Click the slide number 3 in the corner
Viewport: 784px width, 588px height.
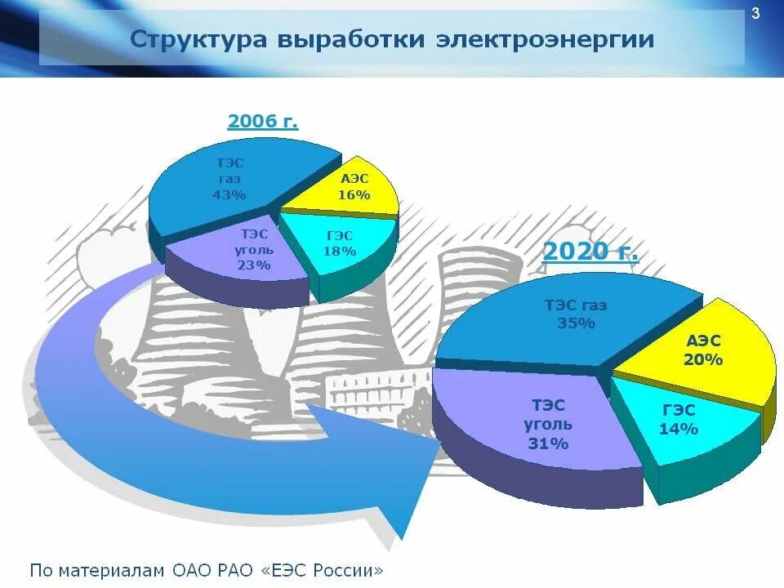755,13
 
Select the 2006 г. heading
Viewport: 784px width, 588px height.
263,122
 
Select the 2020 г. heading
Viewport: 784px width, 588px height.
590,251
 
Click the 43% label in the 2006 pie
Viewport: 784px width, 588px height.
229,194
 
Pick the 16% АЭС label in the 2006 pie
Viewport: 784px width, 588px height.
354,195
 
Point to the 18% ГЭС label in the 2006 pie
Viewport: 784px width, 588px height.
340,251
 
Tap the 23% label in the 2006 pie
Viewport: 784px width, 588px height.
255,265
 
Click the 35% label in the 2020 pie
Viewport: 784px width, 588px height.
576,323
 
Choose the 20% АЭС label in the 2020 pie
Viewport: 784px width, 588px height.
703,359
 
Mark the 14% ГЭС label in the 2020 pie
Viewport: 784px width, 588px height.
679,429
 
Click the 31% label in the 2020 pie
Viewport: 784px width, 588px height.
548,444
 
